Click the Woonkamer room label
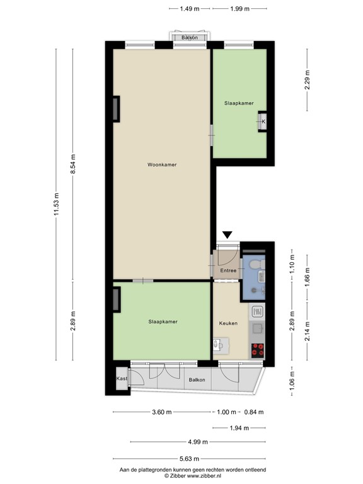(x=162, y=165)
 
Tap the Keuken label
(x=228, y=323)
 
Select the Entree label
(x=228, y=270)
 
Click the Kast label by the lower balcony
(x=122, y=379)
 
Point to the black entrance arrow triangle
(x=228, y=235)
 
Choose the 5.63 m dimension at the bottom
(x=189, y=459)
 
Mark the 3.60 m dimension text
(x=162, y=412)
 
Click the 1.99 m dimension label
(x=239, y=9)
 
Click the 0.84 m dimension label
(x=254, y=412)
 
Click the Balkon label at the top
(x=189, y=38)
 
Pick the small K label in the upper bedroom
(x=263, y=122)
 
